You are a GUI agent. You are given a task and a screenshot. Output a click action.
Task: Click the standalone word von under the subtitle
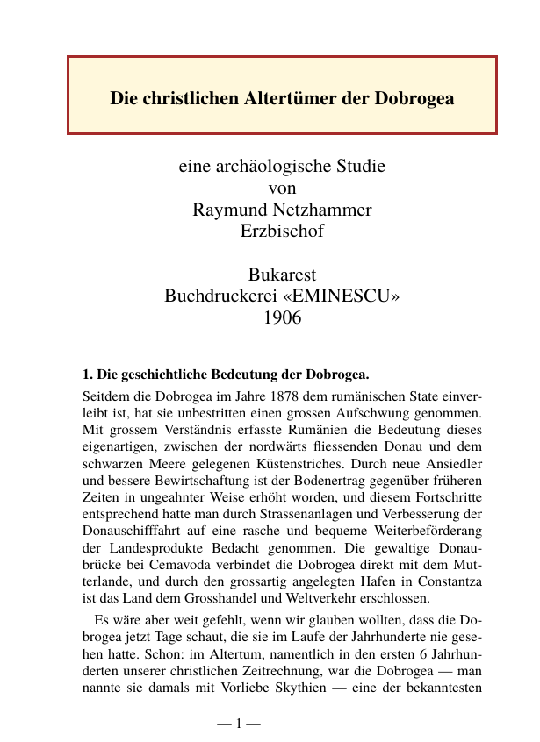click(x=281, y=188)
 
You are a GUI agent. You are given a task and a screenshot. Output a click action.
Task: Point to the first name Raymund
click(x=228, y=210)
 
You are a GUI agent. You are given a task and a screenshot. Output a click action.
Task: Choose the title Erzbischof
click(x=282, y=232)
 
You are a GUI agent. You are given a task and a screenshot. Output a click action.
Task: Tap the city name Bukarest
click(x=282, y=274)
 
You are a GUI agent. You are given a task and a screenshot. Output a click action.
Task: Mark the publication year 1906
click(x=282, y=317)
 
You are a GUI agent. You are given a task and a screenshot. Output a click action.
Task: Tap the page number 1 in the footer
click(x=240, y=724)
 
